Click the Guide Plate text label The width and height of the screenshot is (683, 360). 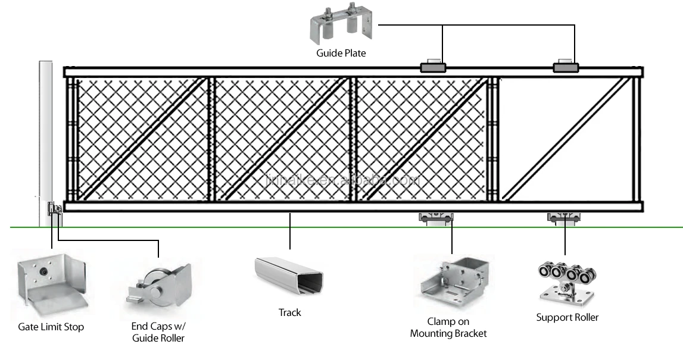[341, 54]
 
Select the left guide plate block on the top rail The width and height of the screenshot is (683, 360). [432, 67]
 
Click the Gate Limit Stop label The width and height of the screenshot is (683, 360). [51, 327]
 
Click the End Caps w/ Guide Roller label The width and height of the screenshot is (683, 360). [158, 332]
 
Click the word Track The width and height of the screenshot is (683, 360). [289, 313]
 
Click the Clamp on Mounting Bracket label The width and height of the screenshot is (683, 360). [448, 328]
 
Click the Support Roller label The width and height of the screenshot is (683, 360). [567, 317]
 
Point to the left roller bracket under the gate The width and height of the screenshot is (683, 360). [435, 218]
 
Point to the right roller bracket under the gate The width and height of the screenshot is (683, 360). [564, 218]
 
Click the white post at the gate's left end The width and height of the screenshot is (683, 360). [46, 137]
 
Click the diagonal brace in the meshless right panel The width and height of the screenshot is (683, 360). [566, 138]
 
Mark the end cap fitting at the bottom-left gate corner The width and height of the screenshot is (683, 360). [55, 209]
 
